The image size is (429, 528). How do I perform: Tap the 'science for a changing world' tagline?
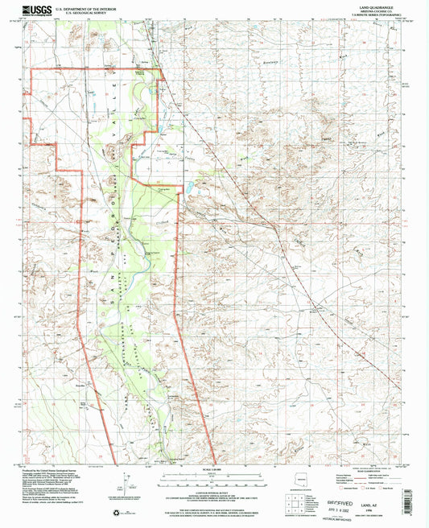32,16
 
